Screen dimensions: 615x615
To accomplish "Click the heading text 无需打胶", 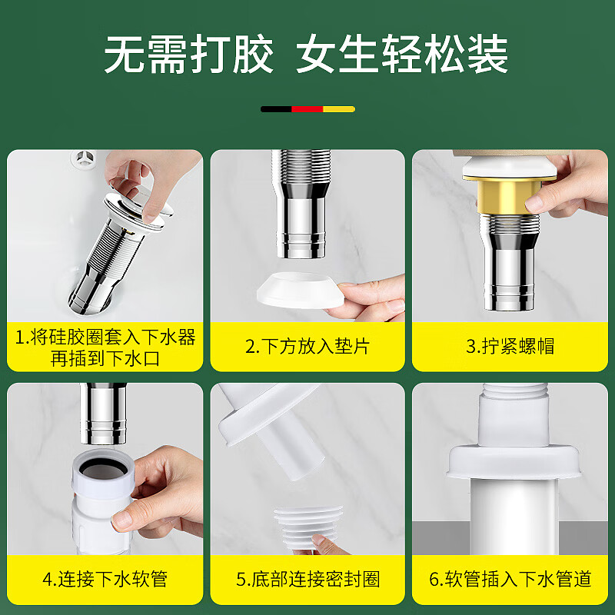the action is click(188, 54).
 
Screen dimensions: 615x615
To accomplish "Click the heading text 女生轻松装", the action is click(402, 54).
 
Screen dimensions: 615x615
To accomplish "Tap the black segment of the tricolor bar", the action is click(276, 109).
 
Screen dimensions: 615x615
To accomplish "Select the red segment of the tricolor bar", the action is click(307, 109).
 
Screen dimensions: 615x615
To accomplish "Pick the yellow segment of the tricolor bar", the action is click(339, 109).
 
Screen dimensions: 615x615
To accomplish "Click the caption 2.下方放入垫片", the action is click(307, 347).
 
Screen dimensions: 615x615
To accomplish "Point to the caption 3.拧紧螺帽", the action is click(510, 347).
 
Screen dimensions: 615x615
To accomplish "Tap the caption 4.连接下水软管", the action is click(105, 579).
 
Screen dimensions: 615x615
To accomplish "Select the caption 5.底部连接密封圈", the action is click(308, 579).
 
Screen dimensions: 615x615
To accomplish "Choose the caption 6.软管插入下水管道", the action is click(510, 579).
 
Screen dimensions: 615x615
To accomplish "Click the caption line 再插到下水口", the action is click(105, 358).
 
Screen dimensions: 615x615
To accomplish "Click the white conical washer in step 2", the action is click(301, 291).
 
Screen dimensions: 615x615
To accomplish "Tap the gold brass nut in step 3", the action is click(509, 196).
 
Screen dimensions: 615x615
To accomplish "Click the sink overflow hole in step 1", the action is click(84, 158).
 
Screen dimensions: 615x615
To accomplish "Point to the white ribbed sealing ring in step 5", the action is click(308, 527).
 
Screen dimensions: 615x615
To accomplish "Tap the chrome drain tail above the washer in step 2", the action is click(301, 204).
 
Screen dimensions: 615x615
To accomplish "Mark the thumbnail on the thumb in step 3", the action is click(534, 203).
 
